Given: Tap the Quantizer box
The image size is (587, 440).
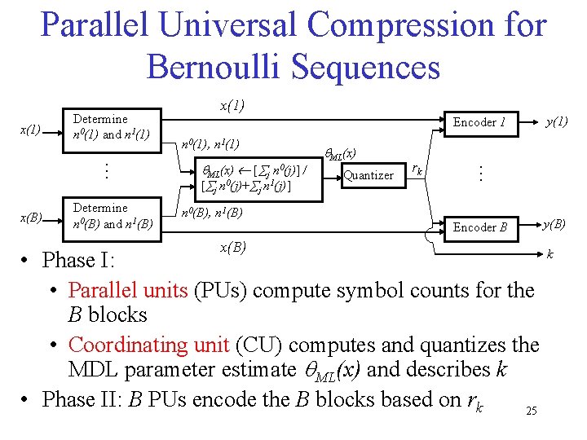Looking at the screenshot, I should point(369,174).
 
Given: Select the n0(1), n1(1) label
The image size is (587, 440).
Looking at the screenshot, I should point(210,144).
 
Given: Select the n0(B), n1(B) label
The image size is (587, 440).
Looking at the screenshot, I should point(211,213).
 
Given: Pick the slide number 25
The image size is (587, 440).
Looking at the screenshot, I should point(532,411).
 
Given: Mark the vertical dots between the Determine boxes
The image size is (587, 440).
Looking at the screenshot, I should point(104,171).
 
